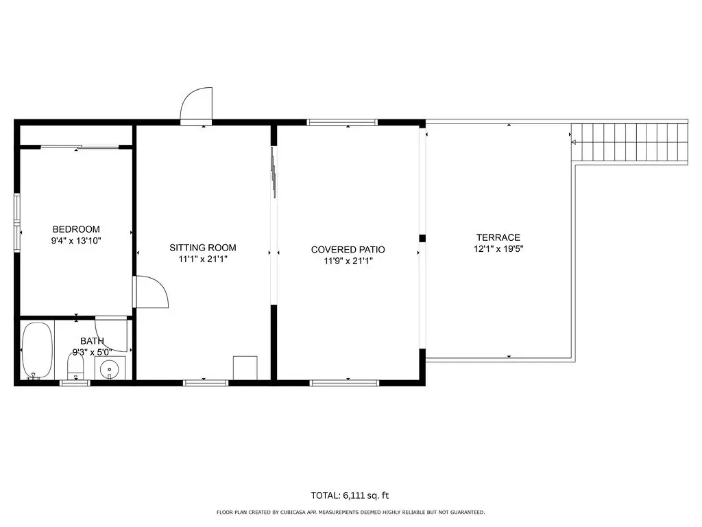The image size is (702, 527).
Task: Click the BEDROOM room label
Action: point(76,229)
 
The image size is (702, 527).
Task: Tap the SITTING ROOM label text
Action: point(203,247)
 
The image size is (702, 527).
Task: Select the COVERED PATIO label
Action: point(348,250)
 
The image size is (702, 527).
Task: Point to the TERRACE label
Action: point(498,237)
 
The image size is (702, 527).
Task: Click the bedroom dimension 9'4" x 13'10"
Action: point(76,241)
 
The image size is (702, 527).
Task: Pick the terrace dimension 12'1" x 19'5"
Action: point(499,248)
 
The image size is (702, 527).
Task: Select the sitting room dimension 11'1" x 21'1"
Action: point(203,259)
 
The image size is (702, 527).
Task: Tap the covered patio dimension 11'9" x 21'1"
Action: point(348,261)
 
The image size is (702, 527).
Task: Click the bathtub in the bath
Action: point(37,351)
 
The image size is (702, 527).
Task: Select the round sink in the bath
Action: point(109,370)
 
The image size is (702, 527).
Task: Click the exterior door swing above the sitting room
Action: point(196,105)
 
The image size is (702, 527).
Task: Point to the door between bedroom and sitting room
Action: point(151,292)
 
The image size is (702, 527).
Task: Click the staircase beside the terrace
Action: point(629,141)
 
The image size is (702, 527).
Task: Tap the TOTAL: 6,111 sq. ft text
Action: point(350,495)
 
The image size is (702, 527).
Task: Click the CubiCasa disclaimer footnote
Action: point(350,512)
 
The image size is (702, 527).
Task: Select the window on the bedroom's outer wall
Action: point(17,222)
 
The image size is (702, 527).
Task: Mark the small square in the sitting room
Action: point(245,368)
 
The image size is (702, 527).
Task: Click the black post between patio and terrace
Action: point(422,238)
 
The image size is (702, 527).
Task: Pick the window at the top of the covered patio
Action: point(343,122)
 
